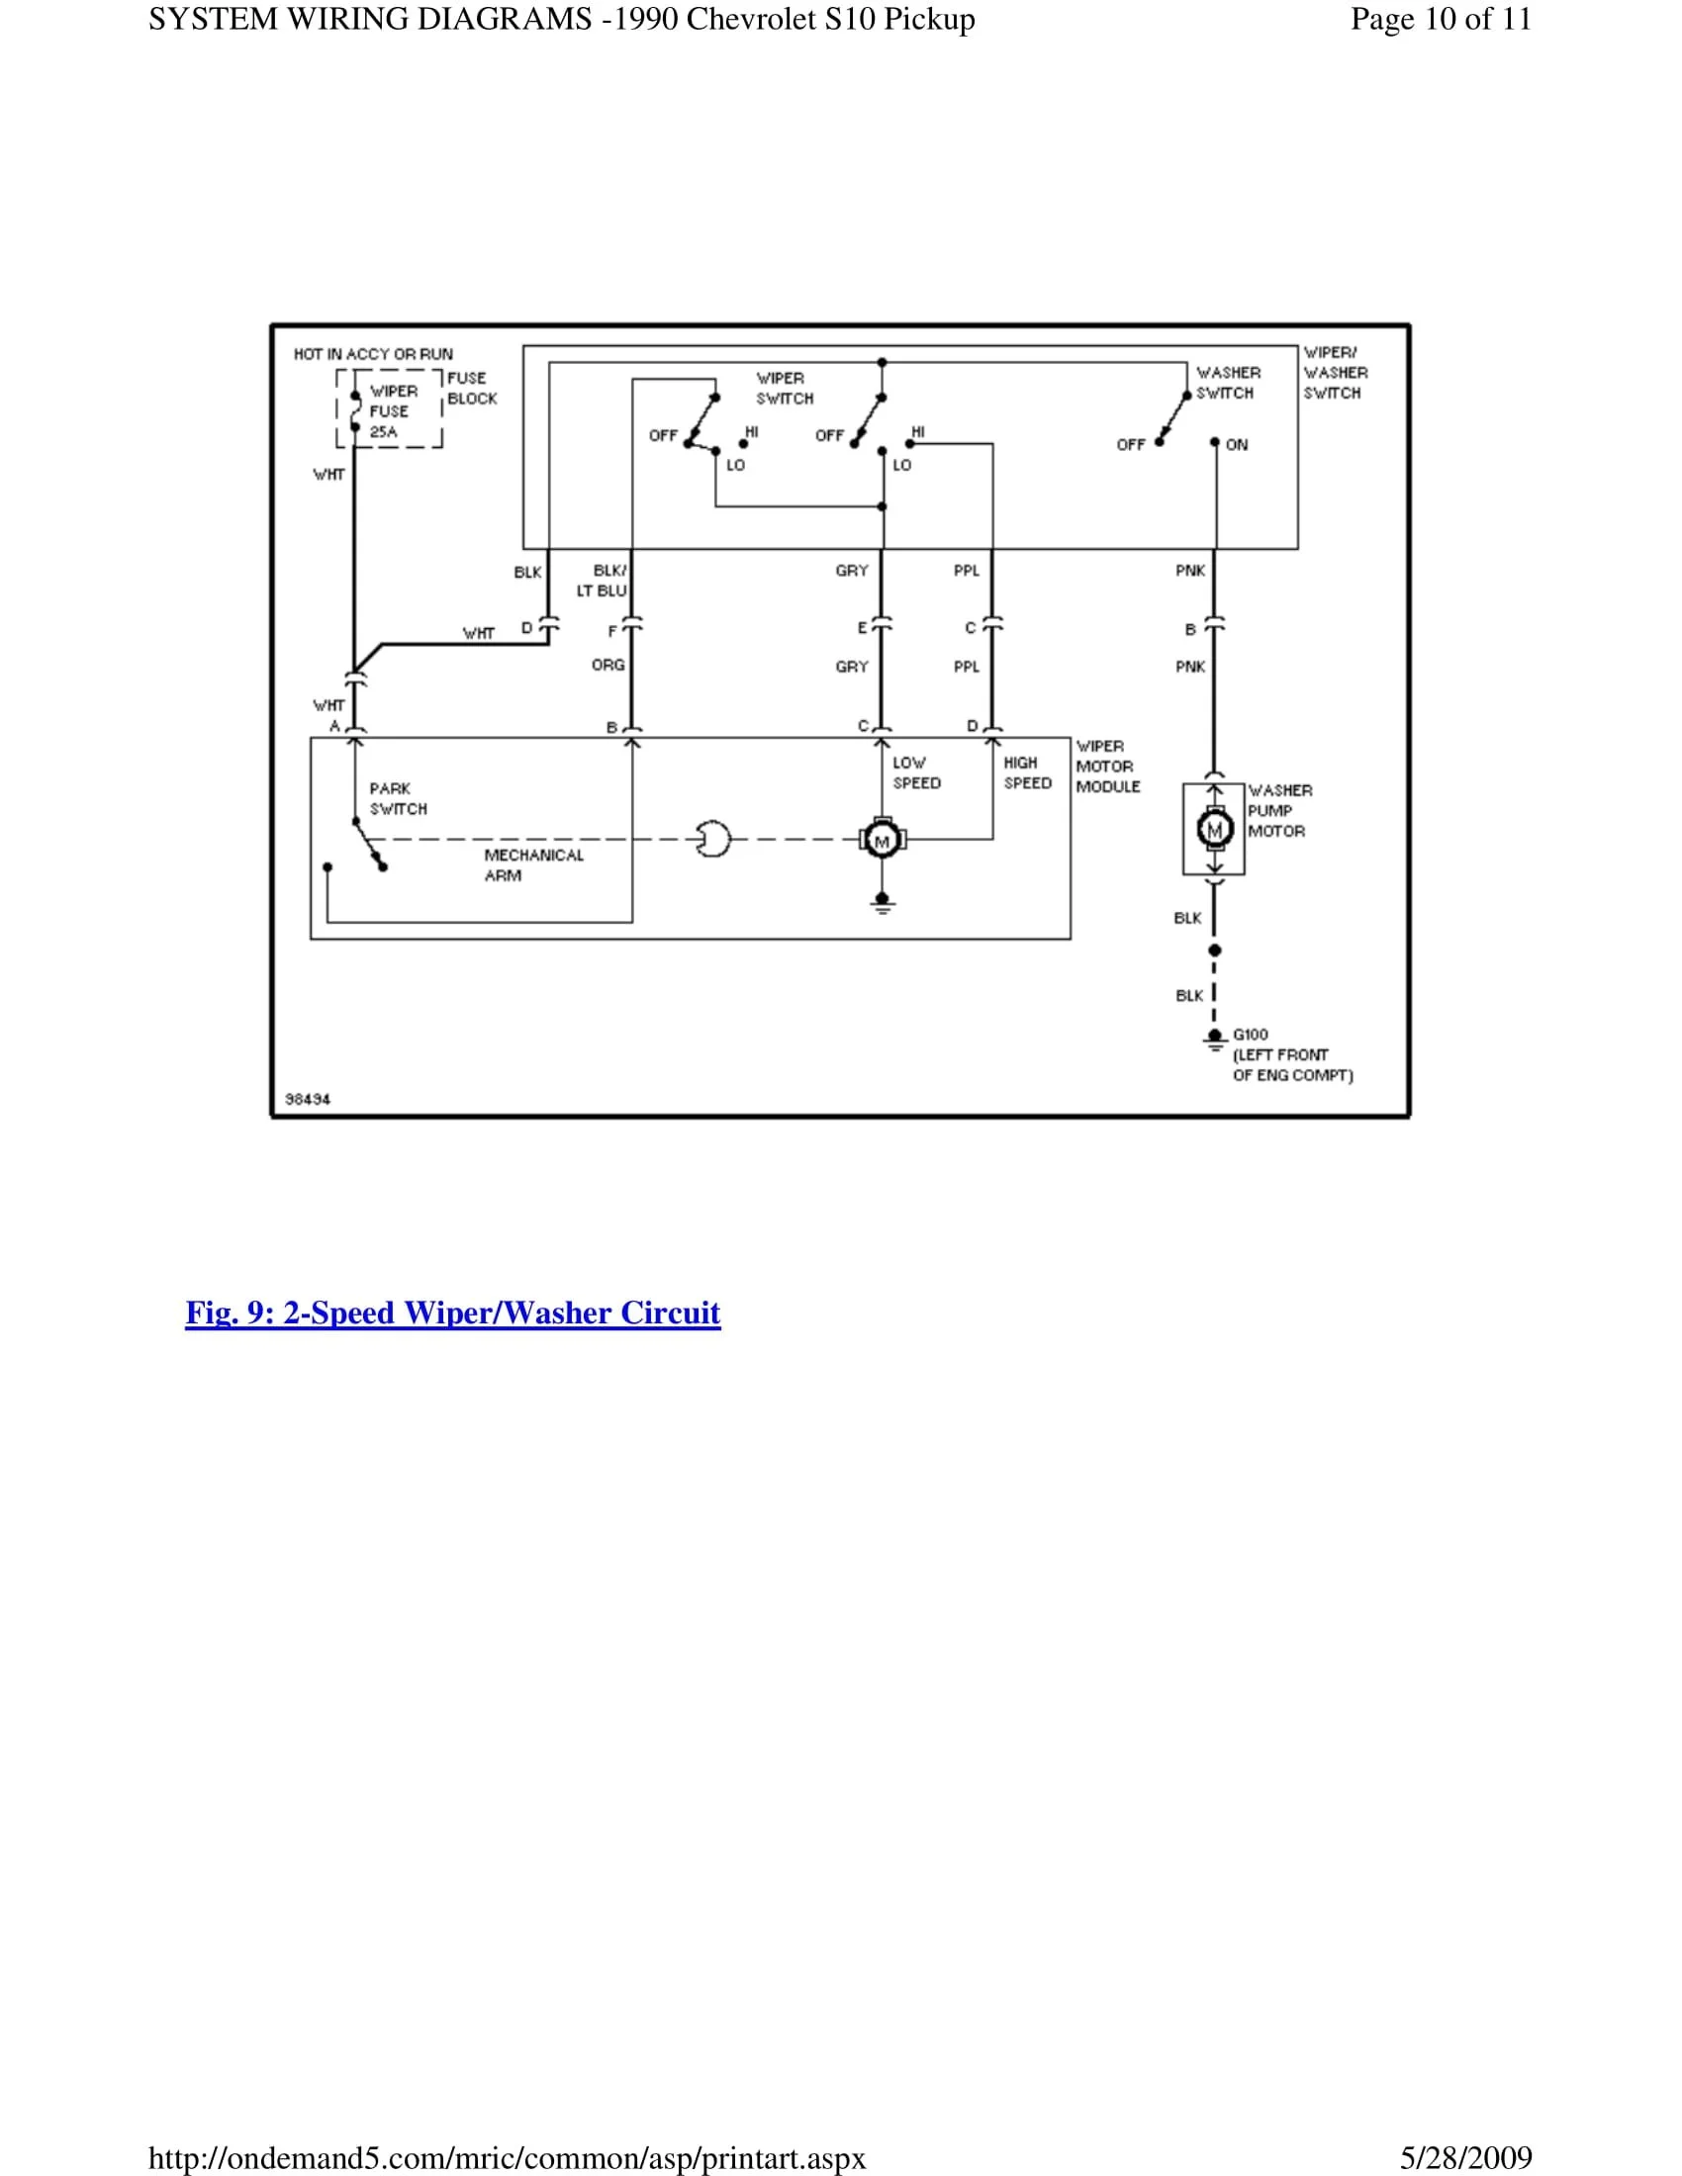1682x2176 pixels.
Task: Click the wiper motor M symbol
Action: coord(882,840)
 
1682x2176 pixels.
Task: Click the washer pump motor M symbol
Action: coord(1214,829)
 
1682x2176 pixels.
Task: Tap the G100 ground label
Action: coord(1251,1035)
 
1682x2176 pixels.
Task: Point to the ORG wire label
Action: coord(607,665)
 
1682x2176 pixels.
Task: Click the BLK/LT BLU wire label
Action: coord(603,581)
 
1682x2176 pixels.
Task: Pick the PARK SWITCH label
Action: coord(398,798)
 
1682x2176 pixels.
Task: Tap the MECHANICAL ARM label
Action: coord(533,864)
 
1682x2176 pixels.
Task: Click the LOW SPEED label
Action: coord(916,773)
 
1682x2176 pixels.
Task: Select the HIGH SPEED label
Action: coord(1026,773)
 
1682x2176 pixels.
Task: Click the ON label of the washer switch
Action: coord(1237,445)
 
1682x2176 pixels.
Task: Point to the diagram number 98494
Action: coord(308,1099)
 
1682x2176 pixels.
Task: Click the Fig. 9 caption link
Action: coord(452,1314)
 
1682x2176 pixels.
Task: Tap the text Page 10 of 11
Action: coord(1440,20)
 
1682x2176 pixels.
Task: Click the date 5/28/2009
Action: coord(1465,2158)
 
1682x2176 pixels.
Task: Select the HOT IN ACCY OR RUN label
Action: coord(373,354)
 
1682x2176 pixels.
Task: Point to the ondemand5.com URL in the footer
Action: coord(508,2158)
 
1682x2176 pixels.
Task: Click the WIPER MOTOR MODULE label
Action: coord(1107,767)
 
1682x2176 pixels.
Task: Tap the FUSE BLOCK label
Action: coord(471,389)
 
